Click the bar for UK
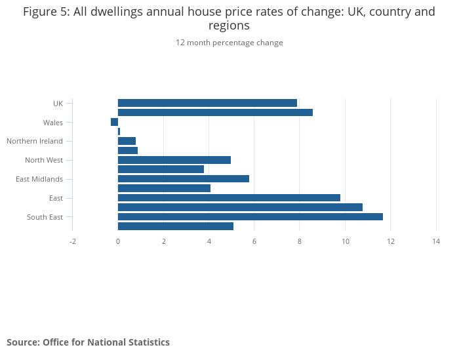(x=207, y=103)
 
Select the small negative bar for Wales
(x=114, y=122)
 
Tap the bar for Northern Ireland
(x=127, y=141)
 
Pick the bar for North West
(x=174, y=160)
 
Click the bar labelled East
(x=229, y=197)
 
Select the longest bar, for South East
(x=250, y=216)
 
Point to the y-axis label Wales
(x=53, y=123)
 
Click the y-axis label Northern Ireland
(x=35, y=141)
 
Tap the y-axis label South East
(x=45, y=217)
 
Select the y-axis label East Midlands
(x=39, y=179)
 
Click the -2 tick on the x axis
(x=73, y=241)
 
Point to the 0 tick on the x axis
(x=118, y=241)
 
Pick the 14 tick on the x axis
(x=436, y=241)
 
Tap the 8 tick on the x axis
(x=300, y=241)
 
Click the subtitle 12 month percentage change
(x=229, y=43)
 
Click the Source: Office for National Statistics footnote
(x=88, y=342)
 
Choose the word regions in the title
(x=229, y=26)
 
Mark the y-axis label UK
(x=58, y=104)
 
